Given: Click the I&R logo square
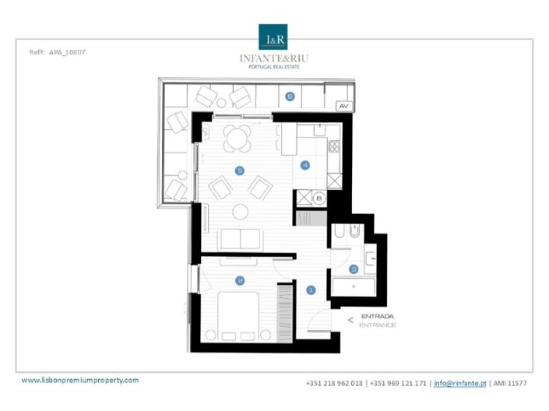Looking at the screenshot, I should [274, 37].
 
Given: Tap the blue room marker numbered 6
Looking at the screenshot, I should [290, 97].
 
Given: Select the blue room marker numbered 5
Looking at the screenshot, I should [239, 170].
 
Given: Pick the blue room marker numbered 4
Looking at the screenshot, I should [305, 164].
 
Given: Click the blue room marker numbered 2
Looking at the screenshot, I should [241, 279].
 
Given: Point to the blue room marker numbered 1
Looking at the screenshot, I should [311, 290].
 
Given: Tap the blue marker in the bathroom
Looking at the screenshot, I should [354, 269].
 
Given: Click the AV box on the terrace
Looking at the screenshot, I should [343, 104].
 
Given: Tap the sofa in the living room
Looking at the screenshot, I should [241, 237].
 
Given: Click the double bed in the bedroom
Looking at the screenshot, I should [240, 314].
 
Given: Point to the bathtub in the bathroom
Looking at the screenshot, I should [355, 286].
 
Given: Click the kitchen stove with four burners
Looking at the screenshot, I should [334, 145].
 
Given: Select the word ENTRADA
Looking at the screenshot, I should [378, 317].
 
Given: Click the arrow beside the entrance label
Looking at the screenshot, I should [350, 319].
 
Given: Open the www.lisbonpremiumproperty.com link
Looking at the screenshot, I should [79, 380].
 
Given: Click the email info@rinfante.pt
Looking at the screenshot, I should [459, 383].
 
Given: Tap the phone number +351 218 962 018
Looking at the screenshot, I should [334, 383].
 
